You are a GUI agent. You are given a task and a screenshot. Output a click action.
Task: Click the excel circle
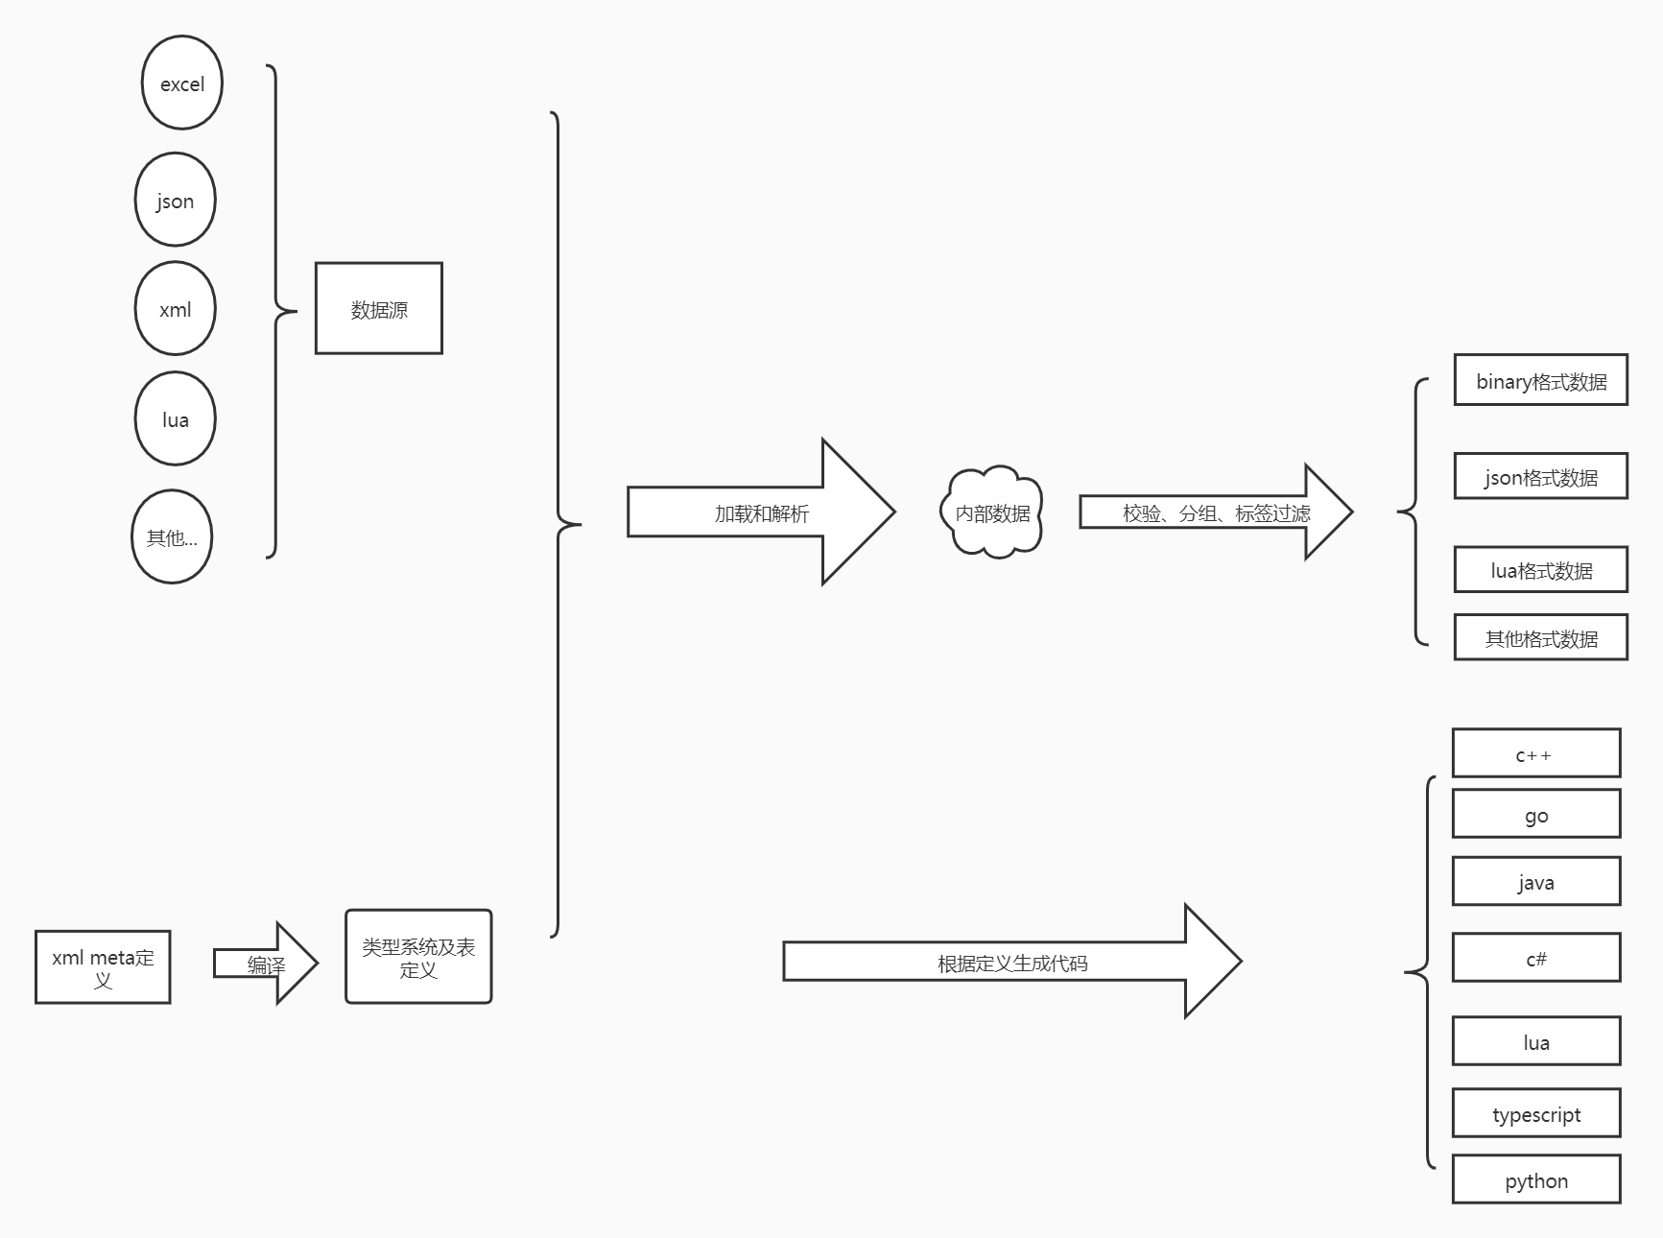[x=182, y=83]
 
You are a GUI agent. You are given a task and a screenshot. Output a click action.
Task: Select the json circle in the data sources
[x=175, y=201]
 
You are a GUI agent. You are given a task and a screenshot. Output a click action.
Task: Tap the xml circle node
[x=175, y=309]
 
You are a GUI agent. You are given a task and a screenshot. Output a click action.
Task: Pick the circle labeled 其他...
[x=172, y=537]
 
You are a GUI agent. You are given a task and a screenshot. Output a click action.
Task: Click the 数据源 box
[x=379, y=309]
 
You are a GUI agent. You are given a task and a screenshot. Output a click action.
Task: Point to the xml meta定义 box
[x=103, y=967]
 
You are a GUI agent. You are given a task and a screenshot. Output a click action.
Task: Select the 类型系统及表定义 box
[x=418, y=957]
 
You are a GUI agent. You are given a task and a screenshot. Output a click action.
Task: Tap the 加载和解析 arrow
[x=761, y=512]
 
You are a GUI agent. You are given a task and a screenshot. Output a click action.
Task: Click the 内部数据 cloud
[x=992, y=512]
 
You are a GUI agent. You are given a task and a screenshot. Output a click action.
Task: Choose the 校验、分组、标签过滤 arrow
[x=1216, y=512]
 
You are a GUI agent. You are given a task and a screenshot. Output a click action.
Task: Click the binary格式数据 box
[x=1541, y=381]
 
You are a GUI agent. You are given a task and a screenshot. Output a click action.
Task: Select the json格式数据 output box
[x=1541, y=477]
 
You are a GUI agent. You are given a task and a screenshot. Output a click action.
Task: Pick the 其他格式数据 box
[x=1541, y=638]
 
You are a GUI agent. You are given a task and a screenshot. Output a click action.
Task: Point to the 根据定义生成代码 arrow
[x=1012, y=963]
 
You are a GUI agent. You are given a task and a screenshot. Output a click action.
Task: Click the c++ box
[x=1536, y=754]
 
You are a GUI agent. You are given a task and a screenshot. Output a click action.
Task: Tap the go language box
[x=1536, y=815]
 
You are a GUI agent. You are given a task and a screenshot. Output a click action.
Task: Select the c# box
[x=1536, y=958]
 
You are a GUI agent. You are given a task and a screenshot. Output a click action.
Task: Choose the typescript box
[x=1536, y=1114]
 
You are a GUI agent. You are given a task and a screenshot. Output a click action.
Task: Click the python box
[x=1536, y=1180]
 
